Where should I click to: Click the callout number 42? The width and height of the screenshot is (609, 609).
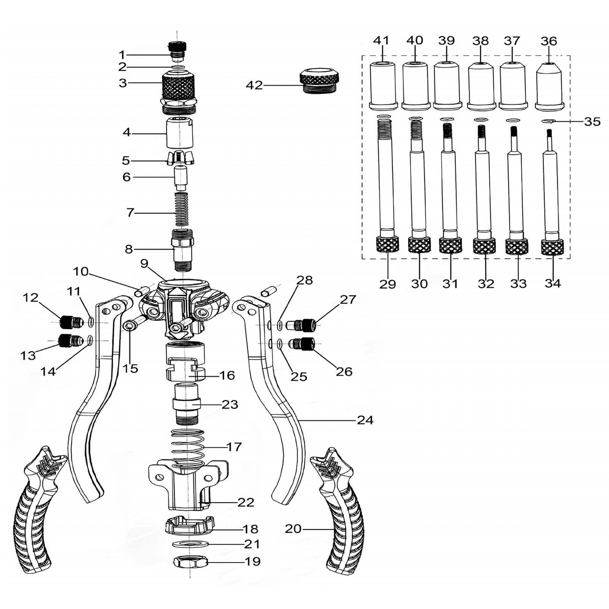pyautogui.click(x=254, y=85)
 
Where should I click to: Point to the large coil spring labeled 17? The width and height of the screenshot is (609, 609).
pyautogui.click(x=188, y=450)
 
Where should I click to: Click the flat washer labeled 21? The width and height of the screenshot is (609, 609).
pyautogui.click(x=190, y=544)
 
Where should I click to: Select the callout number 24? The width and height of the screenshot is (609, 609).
pyautogui.click(x=365, y=420)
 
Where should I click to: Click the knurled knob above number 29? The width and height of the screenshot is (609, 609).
pyautogui.click(x=387, y=244)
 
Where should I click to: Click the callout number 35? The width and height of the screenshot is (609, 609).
pyautogui.click(x=592, y=121)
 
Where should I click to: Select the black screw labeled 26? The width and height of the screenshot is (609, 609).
pyautogui.click(x=303, y=345)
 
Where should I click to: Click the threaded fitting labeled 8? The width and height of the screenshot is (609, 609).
pyautogui.click(x=183, y=250)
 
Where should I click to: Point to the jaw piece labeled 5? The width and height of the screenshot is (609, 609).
pyautogui.click(x=180, y=158)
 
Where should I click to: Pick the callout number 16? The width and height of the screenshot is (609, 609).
pyautogui.click(x=227, y=375)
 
